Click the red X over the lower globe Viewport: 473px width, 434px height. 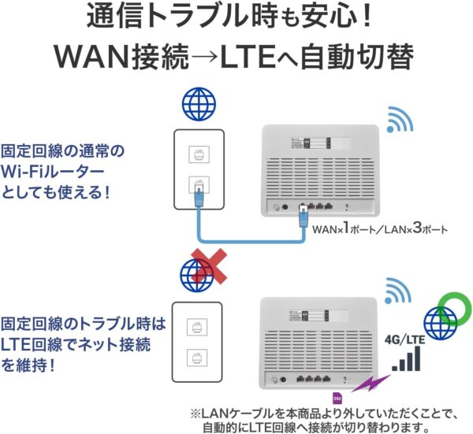(207, 265)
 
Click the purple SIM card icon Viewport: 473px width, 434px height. (337, 397)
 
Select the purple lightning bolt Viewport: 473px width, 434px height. (365, 385)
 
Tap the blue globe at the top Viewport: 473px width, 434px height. (198, 102)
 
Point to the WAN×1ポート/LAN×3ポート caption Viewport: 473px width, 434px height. (380, 231)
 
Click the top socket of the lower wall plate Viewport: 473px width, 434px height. (198, 326)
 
